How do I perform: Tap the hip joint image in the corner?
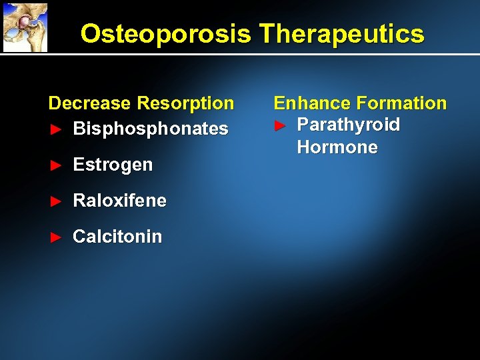[25, 27]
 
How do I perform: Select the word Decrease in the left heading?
[89, 103]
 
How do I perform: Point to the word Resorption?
[185, 103]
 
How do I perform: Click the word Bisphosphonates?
[151, 128]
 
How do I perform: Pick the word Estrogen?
[113, 164]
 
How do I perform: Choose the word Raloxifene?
[120, 201]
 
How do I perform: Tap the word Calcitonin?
[117, 237]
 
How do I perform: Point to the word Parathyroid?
[348, 125]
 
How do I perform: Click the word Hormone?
[337, 147]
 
